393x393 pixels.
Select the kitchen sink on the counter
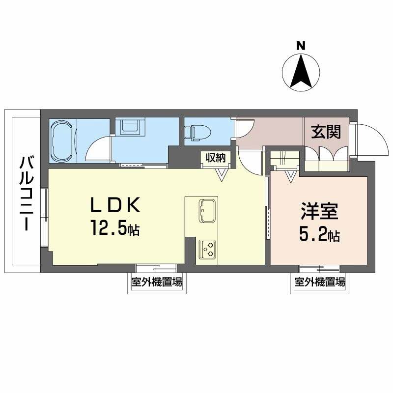click(207, 210)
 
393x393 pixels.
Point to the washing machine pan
click(130, 128)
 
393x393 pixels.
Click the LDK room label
click(115, 205)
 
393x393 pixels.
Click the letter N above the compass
click(301, 46)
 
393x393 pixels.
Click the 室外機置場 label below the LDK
click(156, 282)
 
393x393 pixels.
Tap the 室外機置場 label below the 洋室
click(320, 282)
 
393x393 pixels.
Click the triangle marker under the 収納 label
click(223, 172)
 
